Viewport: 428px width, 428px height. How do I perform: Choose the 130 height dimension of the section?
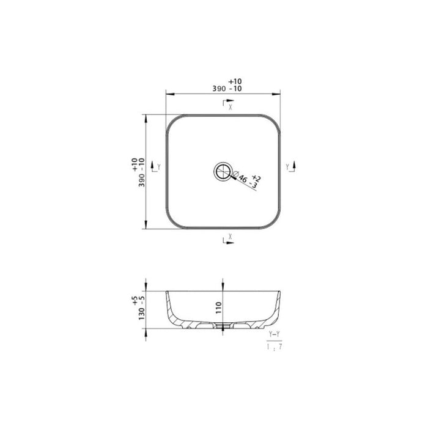coord(141,309)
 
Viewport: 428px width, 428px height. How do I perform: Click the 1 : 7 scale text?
coord(274,346)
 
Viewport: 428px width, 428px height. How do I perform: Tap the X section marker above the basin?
coord(227,105)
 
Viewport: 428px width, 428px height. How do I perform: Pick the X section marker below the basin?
coord(227,238)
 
